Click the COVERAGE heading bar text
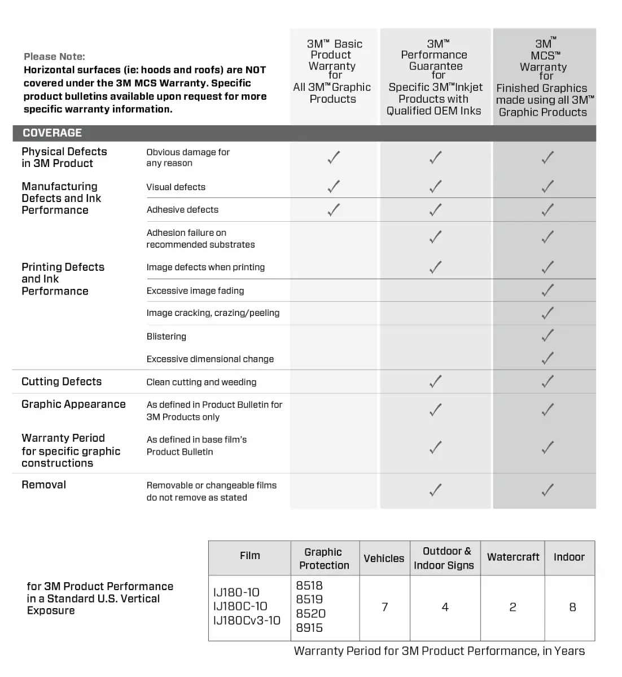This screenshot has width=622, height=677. tap(52, 133)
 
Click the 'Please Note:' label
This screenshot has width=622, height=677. tap(54, 56)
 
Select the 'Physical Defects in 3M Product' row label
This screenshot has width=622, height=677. tap(64, 157)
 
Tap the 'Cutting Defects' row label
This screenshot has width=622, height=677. tap(62, 382)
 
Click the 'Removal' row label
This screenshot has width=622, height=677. tap(43, 485)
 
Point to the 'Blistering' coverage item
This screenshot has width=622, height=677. tap(166, 336)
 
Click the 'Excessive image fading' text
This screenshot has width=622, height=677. tap(195, 291)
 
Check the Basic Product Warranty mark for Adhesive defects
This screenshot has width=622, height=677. tap(334, 210)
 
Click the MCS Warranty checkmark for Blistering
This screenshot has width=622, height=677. tap(547, 336)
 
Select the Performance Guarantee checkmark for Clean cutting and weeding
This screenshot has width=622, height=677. tap(435, 382)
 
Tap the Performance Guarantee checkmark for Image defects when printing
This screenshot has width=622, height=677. tap(435, 267)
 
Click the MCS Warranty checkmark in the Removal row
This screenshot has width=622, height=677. tap(547, 490)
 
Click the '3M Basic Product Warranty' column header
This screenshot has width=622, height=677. tap(333, 71)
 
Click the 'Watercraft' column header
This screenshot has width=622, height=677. tap(513, 557)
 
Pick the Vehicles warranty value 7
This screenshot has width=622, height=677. tap(385, 607)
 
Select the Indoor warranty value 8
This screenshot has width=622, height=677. tap(572, 607)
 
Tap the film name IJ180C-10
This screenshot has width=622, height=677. tap(240, 606)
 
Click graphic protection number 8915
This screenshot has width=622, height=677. tap(309, 628)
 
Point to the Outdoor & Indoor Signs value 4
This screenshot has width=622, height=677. tap(445, 607)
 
